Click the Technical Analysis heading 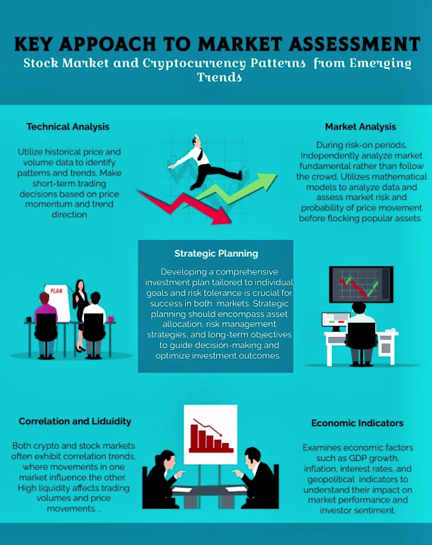pyautogui.click(x=68, y=127)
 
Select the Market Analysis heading pyautogui.click(x=360, y=127)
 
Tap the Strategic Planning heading pyautogui.click(x=216, y=254)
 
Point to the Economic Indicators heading pyautogui.click(x=357, y=423)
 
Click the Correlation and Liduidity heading pyautogui.click(x=75, y=422)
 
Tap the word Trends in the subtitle pyautogui.click(x=219, y=77)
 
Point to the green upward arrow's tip pyautogui.click(x=277, y=175)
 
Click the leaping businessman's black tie pyautogui.click(x=200, y=154)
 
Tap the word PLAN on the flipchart pyautogui.click(x=56, y=291)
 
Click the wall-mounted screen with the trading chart pyautogui.click(x=361, y=285)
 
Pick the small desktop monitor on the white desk pyautogui.click(x=335, y=320)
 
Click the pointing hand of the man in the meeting pyautogui.click(x=238, y=473)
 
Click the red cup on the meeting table pyautogui.click(x=111, y=319)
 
